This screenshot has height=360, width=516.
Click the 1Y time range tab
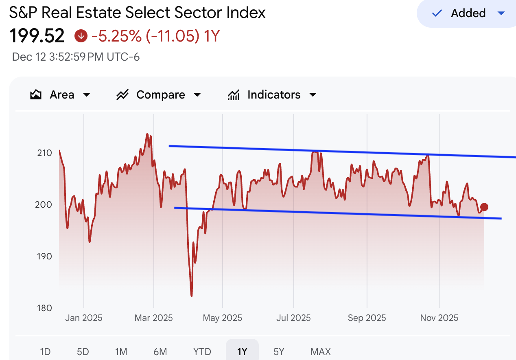(242, 351)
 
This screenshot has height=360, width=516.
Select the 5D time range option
(83, 351)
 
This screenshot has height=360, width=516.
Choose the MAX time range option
(321, 351)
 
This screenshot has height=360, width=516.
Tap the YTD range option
(202, 351)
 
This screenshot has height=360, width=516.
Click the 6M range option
(160, 351)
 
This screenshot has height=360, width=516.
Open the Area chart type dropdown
(60, 95)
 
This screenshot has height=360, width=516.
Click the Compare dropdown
(159, 95)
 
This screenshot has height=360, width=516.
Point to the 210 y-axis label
(44, 153)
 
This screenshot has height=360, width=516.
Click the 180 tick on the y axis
(44, 308)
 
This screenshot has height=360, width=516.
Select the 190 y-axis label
(44, 256)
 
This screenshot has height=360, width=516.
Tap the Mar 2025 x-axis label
(153, 318)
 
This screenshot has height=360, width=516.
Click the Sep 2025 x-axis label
(367, 318)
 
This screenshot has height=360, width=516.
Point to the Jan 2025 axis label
(83, 318)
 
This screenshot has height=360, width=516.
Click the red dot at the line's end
(484, 207)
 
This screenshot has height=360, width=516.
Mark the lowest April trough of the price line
(191, 296)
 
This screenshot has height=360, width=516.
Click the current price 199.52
(37, 36)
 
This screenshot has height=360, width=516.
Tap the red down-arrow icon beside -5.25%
(81, 36)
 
